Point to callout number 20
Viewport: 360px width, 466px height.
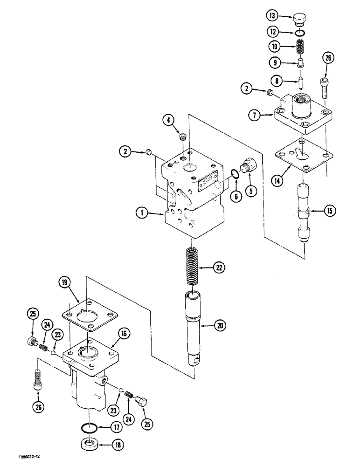(x=219, y=325)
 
